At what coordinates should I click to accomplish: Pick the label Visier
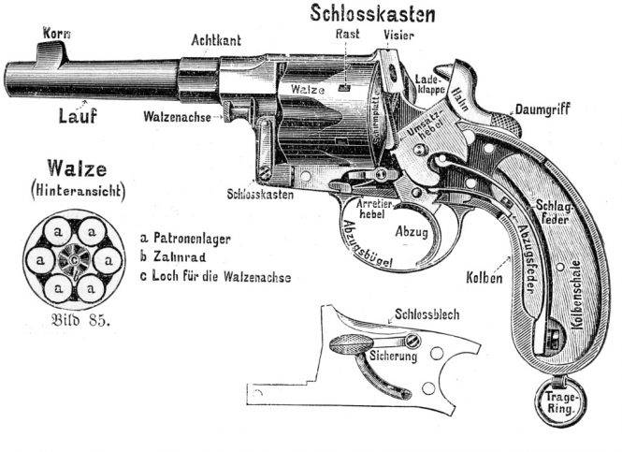point(399,35)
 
